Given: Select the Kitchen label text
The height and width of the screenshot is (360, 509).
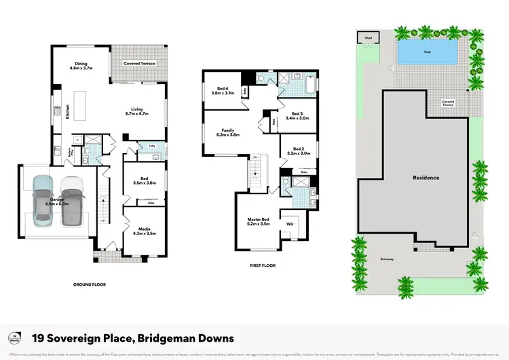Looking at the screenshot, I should point(67,111).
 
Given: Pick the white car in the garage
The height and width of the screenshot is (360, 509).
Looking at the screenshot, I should point(71,200).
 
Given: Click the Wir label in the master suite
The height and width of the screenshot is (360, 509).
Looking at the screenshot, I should point(290,222).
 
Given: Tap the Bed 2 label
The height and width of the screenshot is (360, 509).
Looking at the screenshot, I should point(297,151).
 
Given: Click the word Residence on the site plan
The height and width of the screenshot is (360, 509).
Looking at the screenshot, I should point(426,178).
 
